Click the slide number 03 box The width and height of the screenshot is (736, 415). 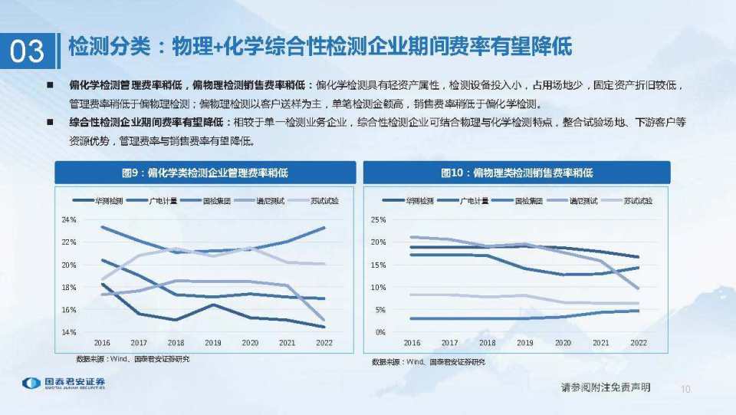point(28,51)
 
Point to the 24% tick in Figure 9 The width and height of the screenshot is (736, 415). point(69,220)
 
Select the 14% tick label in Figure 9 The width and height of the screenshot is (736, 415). point(69,332)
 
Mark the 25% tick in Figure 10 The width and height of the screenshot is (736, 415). point(377,220)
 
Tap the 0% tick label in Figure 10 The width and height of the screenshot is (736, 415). point(379,332)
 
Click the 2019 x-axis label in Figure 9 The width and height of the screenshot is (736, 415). point(212,343)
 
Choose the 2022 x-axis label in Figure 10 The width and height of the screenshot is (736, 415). point(638,343)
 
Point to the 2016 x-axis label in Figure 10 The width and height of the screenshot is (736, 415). point(412,343)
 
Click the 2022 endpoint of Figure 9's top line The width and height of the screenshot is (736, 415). point(324,228)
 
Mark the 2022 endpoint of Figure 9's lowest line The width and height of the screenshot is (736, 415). point(324,327)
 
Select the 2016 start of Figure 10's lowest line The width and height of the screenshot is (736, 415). point(412,318)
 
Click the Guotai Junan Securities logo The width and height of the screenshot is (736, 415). point(63,383)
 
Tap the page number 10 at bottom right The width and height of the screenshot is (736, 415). point(685,390)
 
